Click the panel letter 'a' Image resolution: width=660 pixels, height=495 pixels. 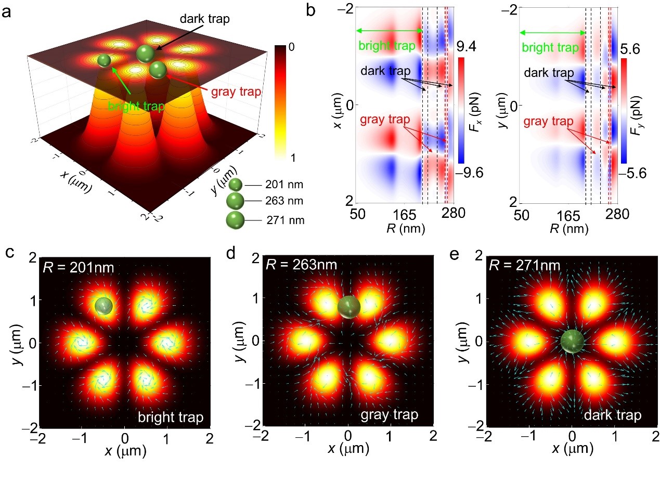7,12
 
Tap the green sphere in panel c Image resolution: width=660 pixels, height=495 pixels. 104,306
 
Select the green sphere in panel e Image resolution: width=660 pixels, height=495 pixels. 572,342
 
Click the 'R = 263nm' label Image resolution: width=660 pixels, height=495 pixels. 301,265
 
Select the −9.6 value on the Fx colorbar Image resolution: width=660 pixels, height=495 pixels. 471,173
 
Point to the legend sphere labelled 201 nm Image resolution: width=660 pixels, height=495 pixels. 236,185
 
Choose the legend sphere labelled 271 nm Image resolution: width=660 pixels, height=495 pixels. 236,219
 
